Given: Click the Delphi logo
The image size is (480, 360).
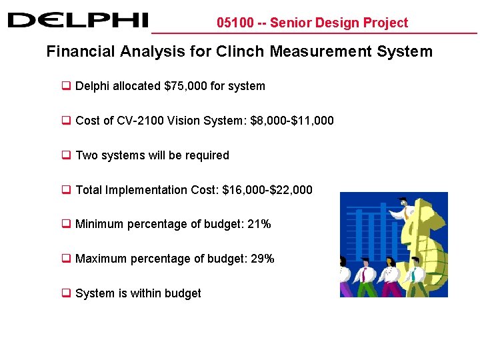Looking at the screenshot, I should coord(78,20).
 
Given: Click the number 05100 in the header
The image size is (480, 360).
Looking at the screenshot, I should coord(235,23).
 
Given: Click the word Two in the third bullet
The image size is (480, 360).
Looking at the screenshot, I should coord(86,155).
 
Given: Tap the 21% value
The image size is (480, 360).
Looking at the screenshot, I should coord(259,224).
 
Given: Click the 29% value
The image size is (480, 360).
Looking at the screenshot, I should coord(261,259).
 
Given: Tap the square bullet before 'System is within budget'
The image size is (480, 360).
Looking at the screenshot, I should coord(67,293).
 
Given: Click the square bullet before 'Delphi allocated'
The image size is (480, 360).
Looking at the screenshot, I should coord(67,86).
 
